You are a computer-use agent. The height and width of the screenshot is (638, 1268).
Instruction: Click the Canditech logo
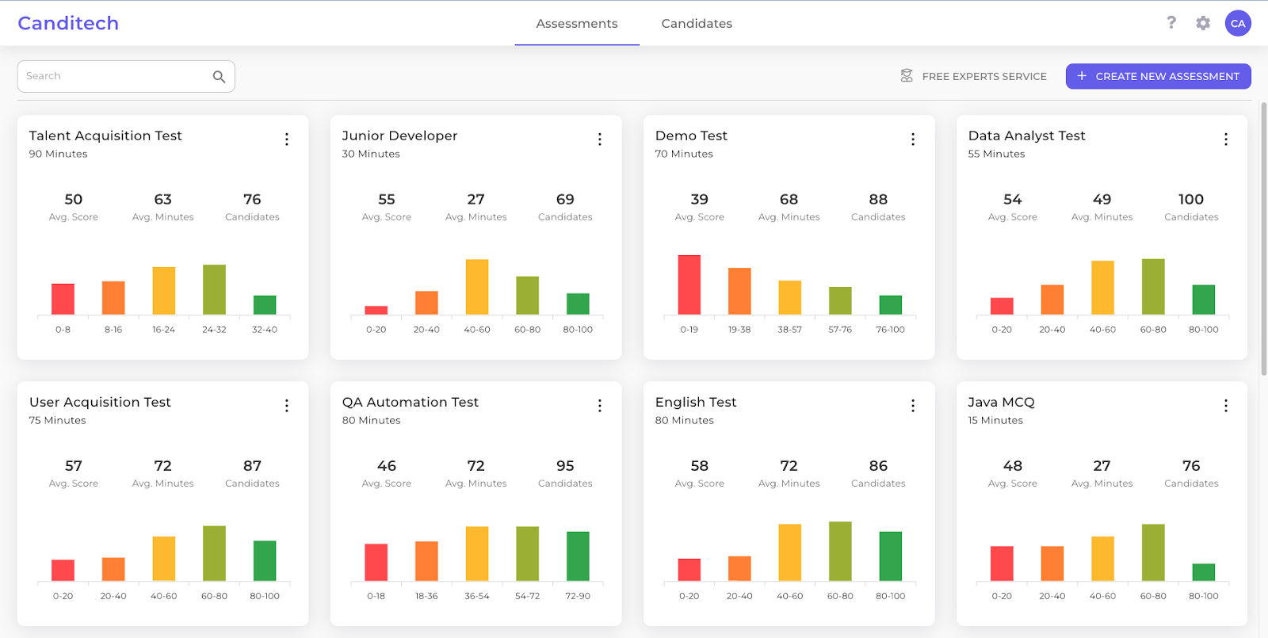pyautogui.click(x=68, y=23)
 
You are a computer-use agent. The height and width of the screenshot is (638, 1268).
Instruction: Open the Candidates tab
pyautogui.click(x=696, y=24)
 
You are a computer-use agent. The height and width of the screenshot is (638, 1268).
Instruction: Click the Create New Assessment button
pyautogui.click(x=1158, y=76)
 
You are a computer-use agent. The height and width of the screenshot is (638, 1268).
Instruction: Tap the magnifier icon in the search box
pyautogui.click(x=219, y=77)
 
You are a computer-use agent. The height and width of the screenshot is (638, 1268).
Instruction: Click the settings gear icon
pyautogui.click(x=1202, y=23)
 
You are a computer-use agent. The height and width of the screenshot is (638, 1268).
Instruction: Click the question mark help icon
pyautogui.click(x=1171, y=22)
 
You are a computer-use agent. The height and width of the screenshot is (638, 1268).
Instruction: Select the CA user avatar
pyautogui.click(x=1237, y=23)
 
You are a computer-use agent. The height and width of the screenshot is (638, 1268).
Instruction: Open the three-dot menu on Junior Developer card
pyautogui.click(x=599, y=139)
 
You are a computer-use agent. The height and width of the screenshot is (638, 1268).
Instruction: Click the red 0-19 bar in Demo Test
pyautogui.click(x=689, y=285)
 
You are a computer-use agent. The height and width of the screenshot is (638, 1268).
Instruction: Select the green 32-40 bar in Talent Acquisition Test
pyautogui.click(x=265, y=305)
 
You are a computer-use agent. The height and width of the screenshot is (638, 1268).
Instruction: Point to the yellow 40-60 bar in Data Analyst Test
pyautogui.click(x=1102, y=288)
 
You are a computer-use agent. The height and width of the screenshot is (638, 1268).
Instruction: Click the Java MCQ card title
pyautogui.click(x=1001, y=402)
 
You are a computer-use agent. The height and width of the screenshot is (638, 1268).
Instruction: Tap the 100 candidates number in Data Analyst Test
pyautogui.click(x=1190, y=200)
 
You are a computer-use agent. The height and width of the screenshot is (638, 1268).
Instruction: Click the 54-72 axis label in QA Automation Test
pyautogui.click(x=527, y=596)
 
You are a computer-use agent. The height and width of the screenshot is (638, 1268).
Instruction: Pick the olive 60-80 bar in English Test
pyautogui.click(x=840, y=552)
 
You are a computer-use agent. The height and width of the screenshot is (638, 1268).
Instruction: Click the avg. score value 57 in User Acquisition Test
pyautogui.click(x=74, y=466)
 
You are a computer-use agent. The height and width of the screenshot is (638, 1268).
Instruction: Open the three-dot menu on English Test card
pyautogui.click(x=912, y=406)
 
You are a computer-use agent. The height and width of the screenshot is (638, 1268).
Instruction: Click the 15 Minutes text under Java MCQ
pyautogui.click(x=995, y=421)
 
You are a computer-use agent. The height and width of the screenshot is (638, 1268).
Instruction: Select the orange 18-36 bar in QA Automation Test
pyautogui.click(x=426, y=561)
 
